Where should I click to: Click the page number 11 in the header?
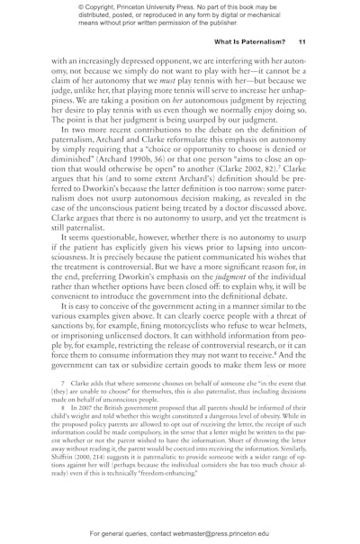[x=303, y=41]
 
